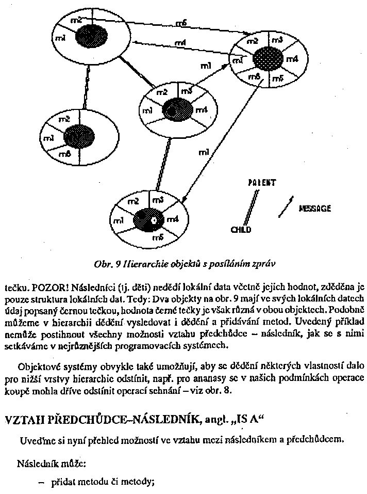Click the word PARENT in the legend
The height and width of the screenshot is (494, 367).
(261, 183)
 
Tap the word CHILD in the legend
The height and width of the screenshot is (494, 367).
(241, 229)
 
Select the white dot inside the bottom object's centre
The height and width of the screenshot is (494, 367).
(153, 221)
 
